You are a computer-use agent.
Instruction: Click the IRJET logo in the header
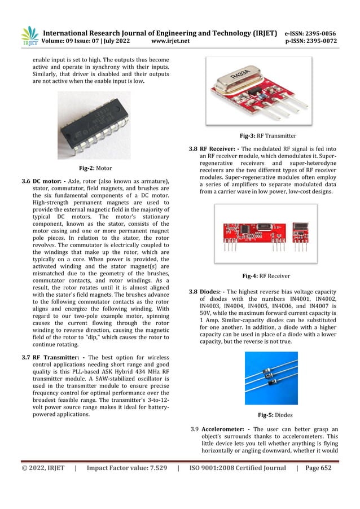(x=29, y=35)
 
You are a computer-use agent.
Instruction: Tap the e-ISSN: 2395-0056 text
(x=310, y=32)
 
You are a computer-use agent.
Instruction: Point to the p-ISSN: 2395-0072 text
(x=310, y=41)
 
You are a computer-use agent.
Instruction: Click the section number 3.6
(x=26, y=181)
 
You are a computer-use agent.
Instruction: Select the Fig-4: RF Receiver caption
(x=266, y=276)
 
